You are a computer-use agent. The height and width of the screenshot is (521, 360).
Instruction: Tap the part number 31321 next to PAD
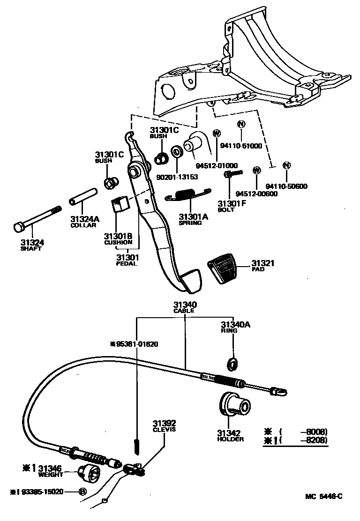(262, 263)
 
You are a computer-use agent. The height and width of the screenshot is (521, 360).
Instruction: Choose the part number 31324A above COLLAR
(85, 219)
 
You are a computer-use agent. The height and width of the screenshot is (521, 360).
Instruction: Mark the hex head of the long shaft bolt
(18, 228)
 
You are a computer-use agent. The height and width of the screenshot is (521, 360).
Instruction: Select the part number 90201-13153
(177, 177)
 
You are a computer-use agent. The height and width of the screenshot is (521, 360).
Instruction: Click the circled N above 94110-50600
(286, 165)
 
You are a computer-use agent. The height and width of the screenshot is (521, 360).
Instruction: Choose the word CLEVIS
(164, 429)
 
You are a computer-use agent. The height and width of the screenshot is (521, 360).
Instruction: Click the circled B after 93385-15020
(82, 491)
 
